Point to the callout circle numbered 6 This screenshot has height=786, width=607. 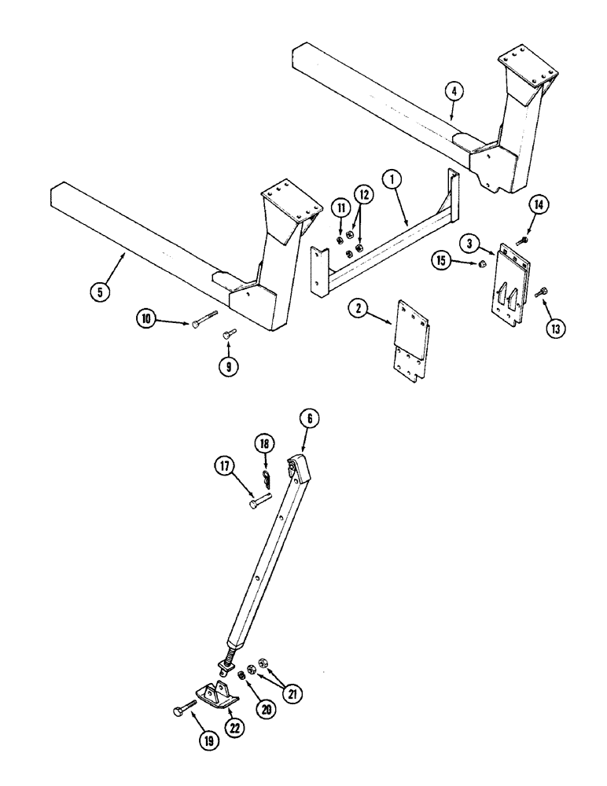pos(308,421)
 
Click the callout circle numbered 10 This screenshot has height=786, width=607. pos(146,320)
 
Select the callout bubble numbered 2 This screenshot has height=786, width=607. pos(358,310)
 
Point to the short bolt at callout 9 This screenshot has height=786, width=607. pos(228,336)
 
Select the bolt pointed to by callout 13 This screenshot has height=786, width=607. pos(540,292)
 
